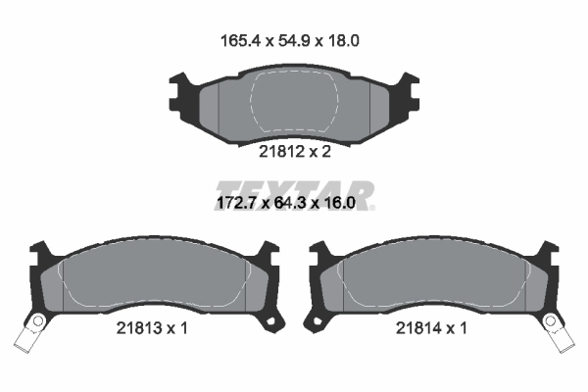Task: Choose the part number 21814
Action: pos(416,328)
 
